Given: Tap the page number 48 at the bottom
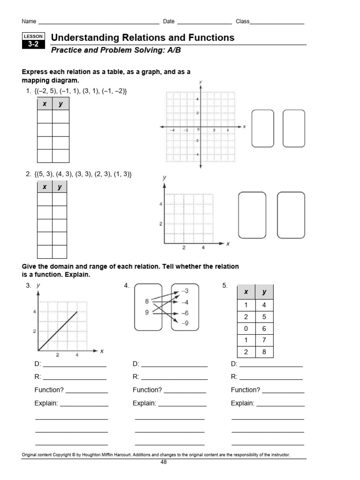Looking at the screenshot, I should click(x=164, y=462).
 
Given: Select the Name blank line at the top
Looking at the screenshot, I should click(x=98, y=22).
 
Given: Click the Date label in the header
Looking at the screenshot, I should click(x=169, y=22).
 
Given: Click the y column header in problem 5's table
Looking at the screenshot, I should click(x=264, y=292).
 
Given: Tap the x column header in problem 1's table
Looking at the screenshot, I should click(x=45, y=104).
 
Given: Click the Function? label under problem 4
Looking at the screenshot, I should click(x=147, y=390).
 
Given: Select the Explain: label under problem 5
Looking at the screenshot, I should click(x=242, y=403).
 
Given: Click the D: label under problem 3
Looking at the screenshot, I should click(x=37, y=364).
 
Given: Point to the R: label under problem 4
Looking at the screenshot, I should click(x=136, y=376).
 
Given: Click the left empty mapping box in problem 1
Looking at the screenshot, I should click(x=262, y=128).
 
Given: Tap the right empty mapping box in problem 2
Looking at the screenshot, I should click(x=291, y=215).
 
